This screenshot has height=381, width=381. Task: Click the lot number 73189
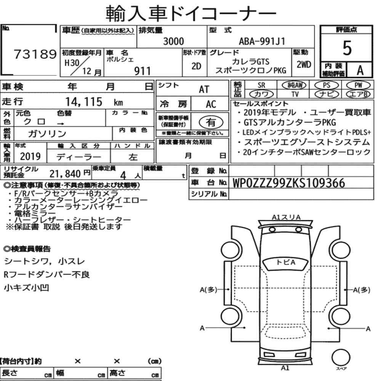35,54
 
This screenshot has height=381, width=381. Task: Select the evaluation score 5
347,48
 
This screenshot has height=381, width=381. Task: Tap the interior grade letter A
360,70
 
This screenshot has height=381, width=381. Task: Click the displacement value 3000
173,41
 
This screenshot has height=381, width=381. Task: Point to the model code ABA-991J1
262,41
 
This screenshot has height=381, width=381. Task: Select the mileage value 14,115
84,102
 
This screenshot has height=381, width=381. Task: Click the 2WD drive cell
304,64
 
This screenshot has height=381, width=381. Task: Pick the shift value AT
204,90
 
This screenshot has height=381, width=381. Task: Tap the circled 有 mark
211,122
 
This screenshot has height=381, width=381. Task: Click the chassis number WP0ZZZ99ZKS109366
289,183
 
